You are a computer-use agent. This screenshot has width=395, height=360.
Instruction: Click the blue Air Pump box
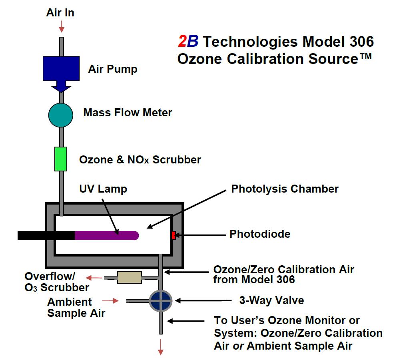(x=61, y=68)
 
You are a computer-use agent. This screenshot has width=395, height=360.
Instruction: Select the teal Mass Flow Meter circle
(x=61, y=115)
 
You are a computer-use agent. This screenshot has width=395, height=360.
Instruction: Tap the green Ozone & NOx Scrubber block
(x=61, y=159)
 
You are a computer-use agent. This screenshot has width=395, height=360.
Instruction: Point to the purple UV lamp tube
(x=106, y=235)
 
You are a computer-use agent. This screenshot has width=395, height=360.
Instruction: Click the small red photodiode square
(x=173, y=235)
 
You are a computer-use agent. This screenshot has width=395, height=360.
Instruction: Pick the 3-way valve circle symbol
(x=160, y=300)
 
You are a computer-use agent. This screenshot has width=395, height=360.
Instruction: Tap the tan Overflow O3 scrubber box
(x=129, y=277)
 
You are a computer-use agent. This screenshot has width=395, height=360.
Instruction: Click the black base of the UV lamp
(x=46, y=235)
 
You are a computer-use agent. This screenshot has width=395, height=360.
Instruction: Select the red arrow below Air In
(x=61, y=27)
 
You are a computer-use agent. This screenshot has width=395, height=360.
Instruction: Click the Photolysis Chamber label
(x=285, y=189)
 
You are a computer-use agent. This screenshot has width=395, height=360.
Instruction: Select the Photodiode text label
(x=259, y=234)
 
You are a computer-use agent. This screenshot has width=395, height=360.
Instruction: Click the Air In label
(x=60, y=12)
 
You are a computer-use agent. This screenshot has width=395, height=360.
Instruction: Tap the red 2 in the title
(x=182, y=41)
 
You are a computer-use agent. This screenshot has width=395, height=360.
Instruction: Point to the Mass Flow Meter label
(x=128, y=113)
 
